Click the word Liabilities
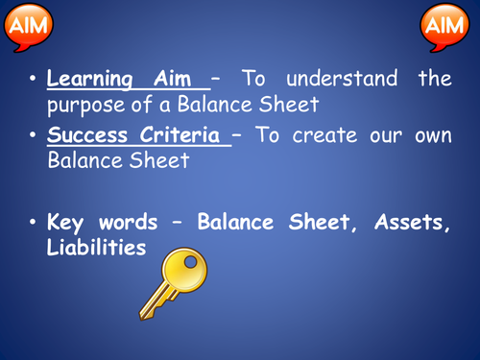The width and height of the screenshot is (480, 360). (x=96, y=247)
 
